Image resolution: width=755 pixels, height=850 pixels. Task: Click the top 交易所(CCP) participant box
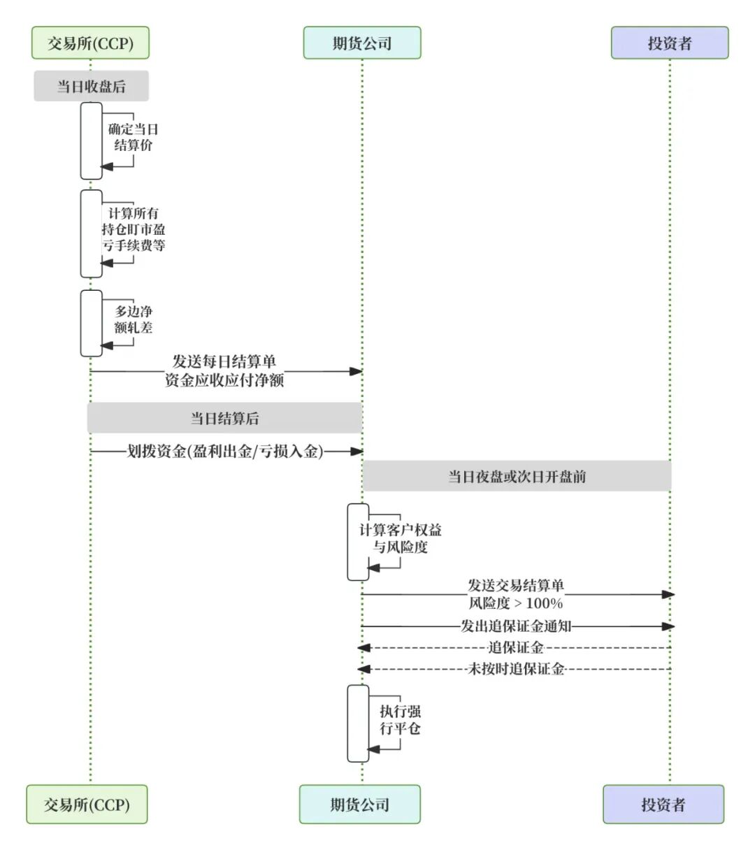click(90, 43)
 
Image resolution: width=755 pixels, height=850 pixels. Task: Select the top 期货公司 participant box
click(361, 43)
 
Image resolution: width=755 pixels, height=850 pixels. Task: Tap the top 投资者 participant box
click(669, 43)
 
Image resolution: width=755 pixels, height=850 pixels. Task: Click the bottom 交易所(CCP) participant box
click(87, 804)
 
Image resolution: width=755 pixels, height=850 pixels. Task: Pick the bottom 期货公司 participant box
click(359, 804)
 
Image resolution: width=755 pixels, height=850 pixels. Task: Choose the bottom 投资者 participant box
click(663, 804)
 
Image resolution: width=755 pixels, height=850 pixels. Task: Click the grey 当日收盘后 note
click(91, 86)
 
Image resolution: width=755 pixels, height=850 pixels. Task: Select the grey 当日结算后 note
click(224, 418)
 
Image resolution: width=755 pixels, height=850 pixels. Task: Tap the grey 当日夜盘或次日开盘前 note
click(517, 476)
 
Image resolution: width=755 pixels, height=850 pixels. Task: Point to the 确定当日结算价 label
click(133, 137)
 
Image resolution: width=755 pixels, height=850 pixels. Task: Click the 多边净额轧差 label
click(133, 319)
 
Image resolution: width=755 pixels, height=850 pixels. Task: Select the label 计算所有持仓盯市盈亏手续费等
click(133, 229)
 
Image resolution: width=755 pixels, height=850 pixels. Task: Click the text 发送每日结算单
click(224, 361)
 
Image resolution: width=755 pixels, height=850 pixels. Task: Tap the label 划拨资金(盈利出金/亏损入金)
click(224, 452)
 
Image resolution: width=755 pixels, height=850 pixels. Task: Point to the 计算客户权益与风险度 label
click(400, 538)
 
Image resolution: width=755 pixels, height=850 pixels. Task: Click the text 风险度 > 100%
click(515, 603)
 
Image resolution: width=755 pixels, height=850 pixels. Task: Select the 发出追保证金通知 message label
click(515, 626)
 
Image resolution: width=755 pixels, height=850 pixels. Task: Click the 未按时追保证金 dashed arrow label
click(515, 669)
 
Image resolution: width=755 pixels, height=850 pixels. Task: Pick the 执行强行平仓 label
click(400, 720)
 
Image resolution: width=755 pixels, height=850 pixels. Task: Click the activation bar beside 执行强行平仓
click(358, 723)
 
